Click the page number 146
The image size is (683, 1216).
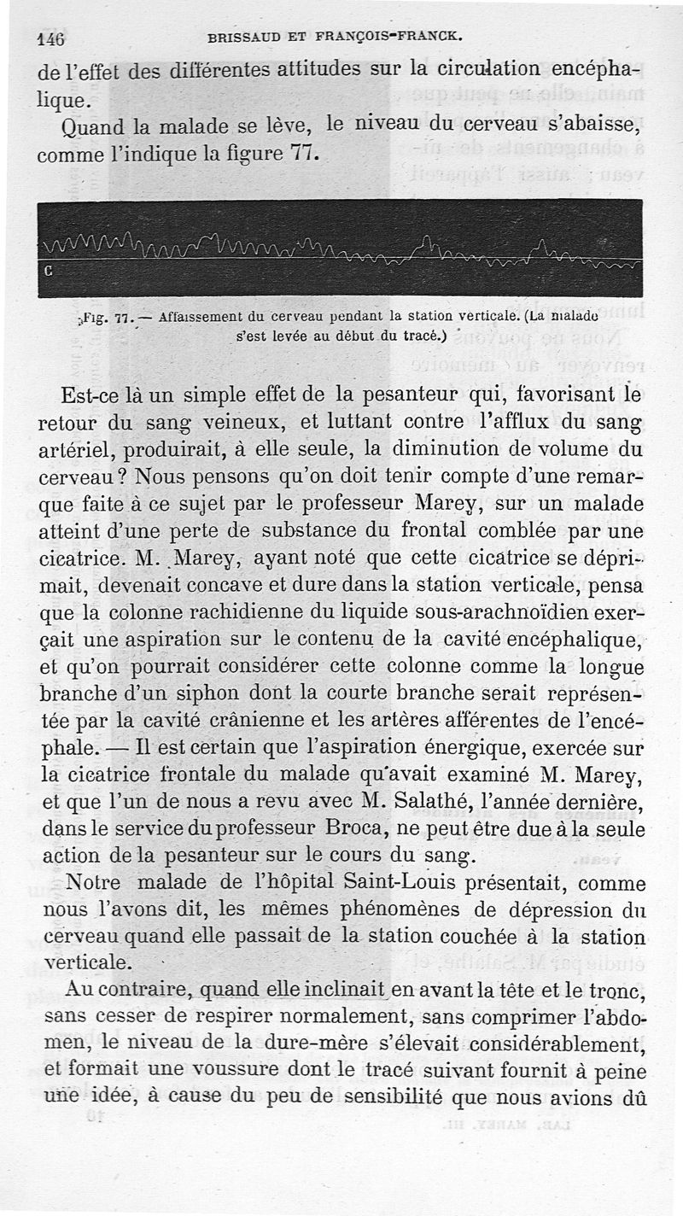coord(51,38)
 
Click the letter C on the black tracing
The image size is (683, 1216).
coord(48,272)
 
